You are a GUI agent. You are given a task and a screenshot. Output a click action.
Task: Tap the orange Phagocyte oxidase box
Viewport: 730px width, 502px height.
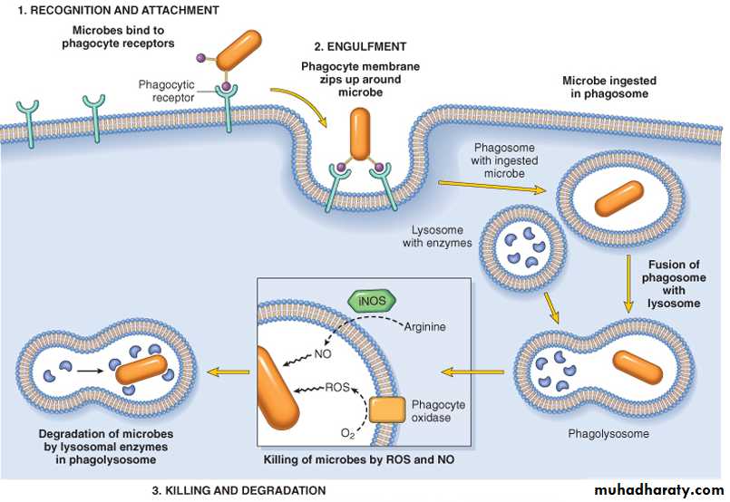point(387,410)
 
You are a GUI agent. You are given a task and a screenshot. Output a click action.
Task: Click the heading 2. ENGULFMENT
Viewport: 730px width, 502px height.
point(360,45)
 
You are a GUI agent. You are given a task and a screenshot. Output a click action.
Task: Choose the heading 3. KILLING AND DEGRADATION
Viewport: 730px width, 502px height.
point(238,490)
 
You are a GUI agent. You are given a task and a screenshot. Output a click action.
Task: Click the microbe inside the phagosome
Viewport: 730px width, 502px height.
point(618,198)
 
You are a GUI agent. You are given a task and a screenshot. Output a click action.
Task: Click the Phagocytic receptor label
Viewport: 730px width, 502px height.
point(168,92)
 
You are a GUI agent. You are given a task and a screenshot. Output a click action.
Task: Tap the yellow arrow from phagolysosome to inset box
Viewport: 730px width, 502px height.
point(472,372)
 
